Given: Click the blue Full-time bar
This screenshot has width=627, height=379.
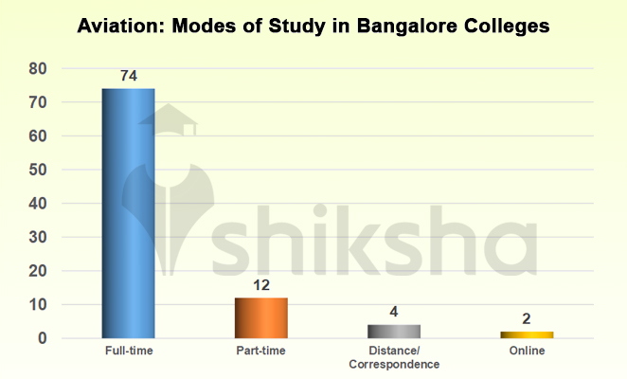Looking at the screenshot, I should [129, 213].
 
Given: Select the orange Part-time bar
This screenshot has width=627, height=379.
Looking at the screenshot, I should [261, 318].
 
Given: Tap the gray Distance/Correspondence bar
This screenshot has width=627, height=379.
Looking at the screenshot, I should [394, 332].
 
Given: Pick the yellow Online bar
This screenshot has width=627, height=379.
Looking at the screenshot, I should [527, 334].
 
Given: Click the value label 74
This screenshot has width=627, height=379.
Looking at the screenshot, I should [129, 76].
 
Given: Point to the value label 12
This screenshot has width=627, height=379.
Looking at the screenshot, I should [261, 285].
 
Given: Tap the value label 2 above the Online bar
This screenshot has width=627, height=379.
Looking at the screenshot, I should [527, 319].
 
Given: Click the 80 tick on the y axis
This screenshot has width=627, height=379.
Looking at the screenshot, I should [38, 68].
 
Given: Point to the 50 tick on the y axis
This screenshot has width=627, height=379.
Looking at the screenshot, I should [38, 170].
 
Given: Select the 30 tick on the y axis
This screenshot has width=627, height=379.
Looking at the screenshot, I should [38, 237].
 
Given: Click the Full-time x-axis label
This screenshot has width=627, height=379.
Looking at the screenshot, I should [129, 352].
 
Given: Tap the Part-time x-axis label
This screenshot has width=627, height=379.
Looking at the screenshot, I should [261, 352].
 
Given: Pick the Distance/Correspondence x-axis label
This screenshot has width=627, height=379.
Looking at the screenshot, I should [394, 357].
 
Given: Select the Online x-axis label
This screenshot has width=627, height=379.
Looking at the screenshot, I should [527, 352].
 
